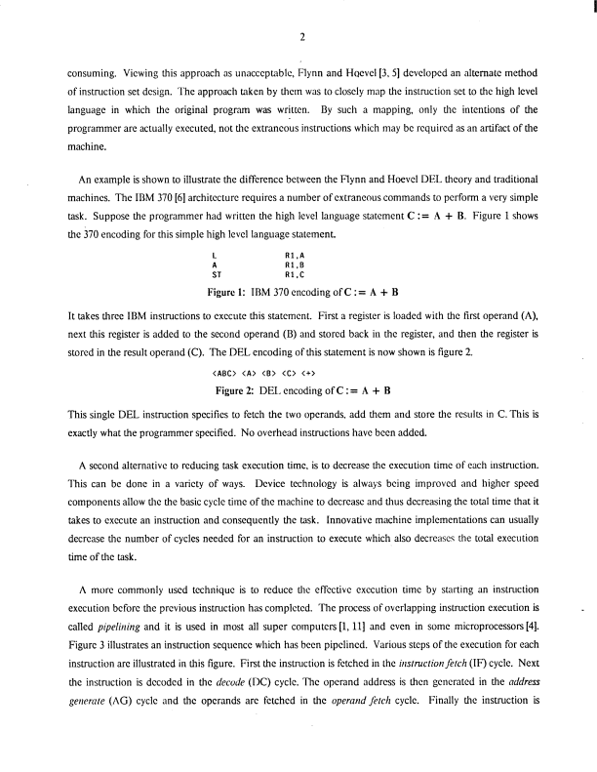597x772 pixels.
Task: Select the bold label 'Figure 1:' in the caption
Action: (x=232, y=293)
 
